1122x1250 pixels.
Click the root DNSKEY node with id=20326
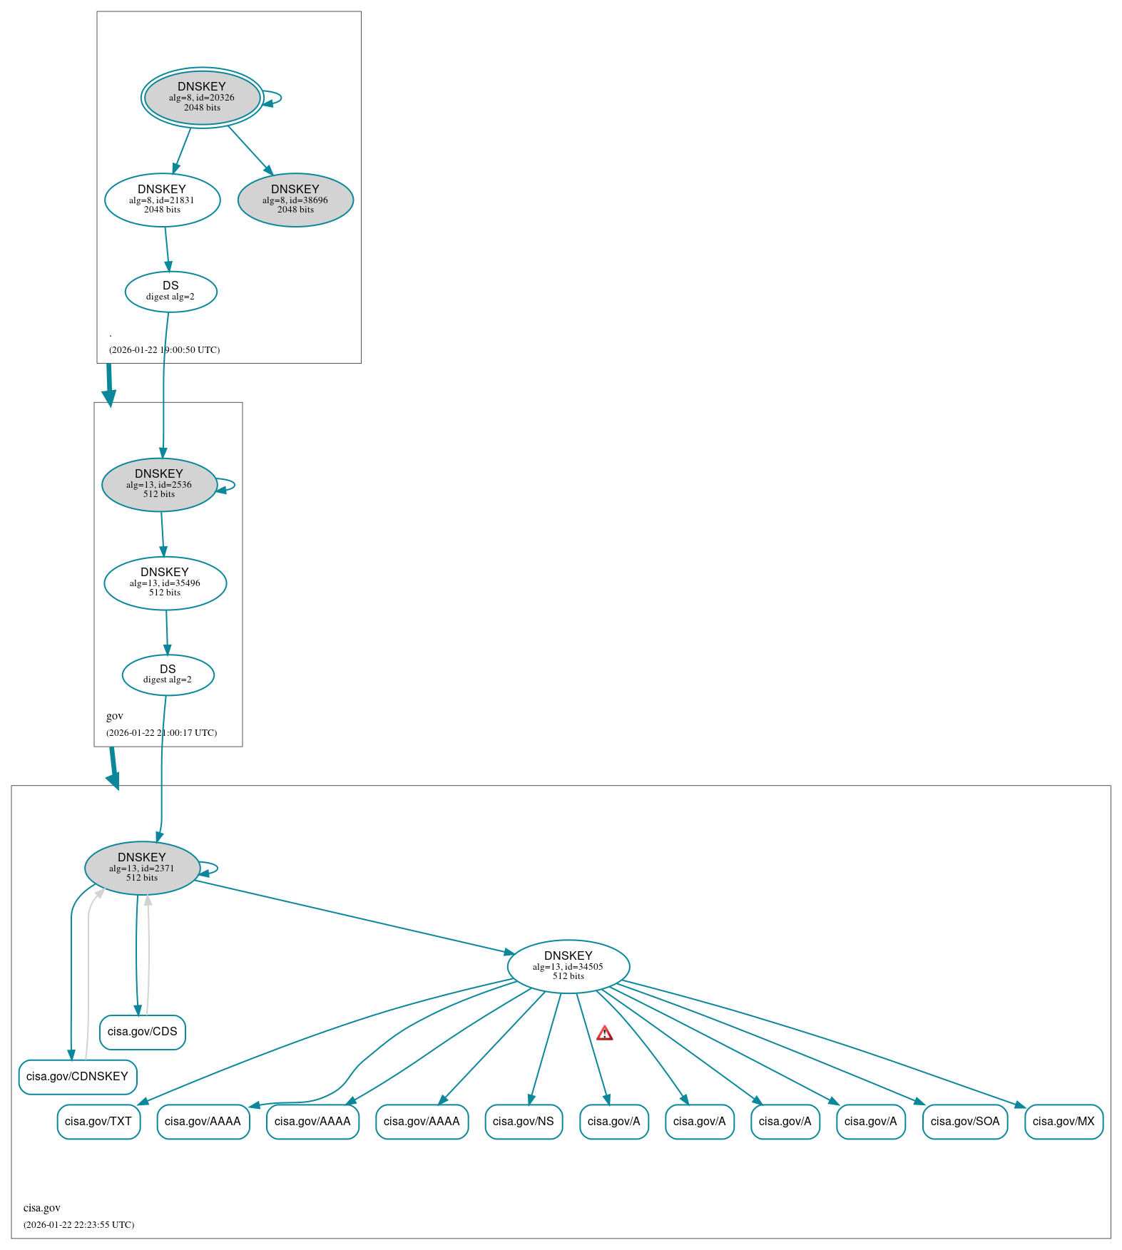[x=202, y=98]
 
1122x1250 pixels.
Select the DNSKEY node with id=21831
[x=162, y=200]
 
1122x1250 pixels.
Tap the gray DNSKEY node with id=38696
[x=295, y=200]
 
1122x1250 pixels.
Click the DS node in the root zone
[x=170, y=291]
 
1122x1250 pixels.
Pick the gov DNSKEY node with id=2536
[x=159, y=484]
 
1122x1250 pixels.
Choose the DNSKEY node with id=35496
[x=165, y=583]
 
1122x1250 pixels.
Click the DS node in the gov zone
[x=168, y=675]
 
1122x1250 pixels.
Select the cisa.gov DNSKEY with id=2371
[x=142, y=868]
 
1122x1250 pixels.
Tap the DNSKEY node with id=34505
[x=568, y=966]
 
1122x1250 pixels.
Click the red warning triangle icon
[x=604, y=1033]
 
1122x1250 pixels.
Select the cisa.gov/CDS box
[x=142, y=1032]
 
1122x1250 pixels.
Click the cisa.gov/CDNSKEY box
[x=77, y=1077]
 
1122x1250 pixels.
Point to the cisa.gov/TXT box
[x=98, y=1122]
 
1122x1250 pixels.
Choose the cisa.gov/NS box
[x=523, y=1122]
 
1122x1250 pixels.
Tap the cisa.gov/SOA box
[x=964, y=1122]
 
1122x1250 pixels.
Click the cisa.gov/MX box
[x=1063, y=1122]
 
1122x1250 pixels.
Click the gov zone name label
[x=115, y=716]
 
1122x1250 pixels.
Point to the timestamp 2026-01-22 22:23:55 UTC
[x=78, y=1225]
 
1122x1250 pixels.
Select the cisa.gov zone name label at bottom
[x=42, y=1208]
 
